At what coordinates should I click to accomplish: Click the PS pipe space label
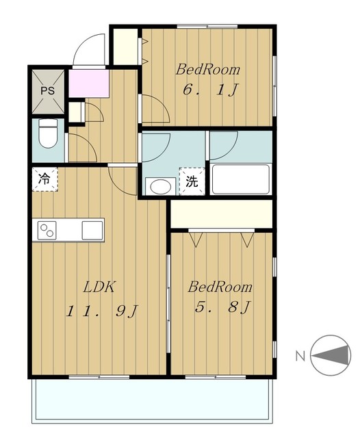tap(47, 91)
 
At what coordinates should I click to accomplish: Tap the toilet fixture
tap(48, 133)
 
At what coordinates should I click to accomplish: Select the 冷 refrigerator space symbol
tap(44, 179)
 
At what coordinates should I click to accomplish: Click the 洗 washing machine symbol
tap(192, 181)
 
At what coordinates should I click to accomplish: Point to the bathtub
tap(240, 179)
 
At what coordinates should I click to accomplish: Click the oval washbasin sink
tap(160, 186)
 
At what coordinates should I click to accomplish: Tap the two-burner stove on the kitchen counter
tap(47, 230)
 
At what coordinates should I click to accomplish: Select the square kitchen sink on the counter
tap(92, 230)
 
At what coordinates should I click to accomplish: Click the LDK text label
tap(99, 287)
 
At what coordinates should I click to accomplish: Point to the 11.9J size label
tap(102, 311)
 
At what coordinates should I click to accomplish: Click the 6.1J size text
tap(210, 90)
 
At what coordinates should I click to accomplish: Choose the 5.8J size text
tap(222, 307)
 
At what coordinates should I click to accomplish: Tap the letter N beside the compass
tap(300, 356)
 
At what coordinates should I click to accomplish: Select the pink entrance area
tap(89, 83)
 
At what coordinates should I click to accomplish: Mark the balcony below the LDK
tap(152, 400)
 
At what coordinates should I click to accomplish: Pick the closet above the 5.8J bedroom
tap(221, 214)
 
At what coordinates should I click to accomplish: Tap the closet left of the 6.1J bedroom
tap(125, 47)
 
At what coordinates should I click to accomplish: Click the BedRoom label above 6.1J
tap(207, 70)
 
